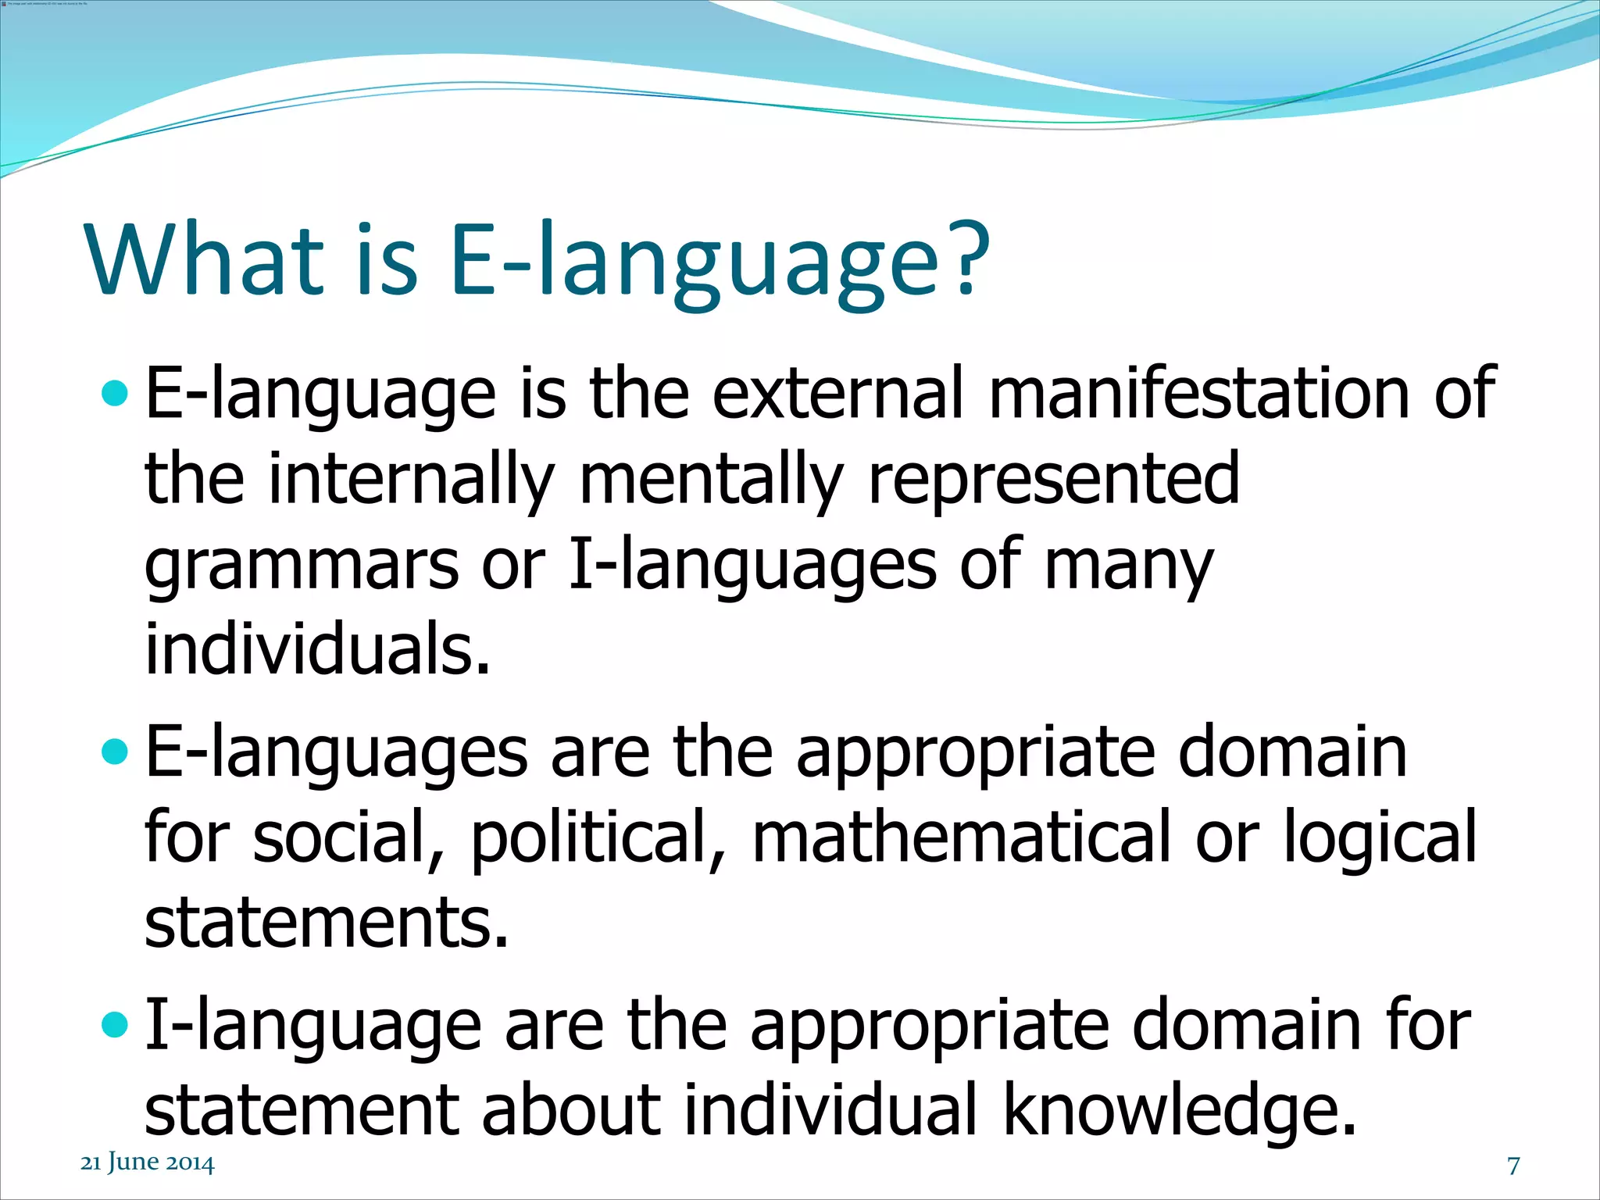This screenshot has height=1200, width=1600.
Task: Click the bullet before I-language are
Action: pos(114,1024)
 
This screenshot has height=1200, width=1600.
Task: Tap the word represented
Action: pos(1053,478)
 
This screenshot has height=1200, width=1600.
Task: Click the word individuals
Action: pos(317,648)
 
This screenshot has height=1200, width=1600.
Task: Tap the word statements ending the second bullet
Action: pos(326,923)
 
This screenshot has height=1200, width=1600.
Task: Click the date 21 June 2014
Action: pos(147,1162)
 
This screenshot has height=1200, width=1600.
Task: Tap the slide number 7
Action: pos(1513,1165)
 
